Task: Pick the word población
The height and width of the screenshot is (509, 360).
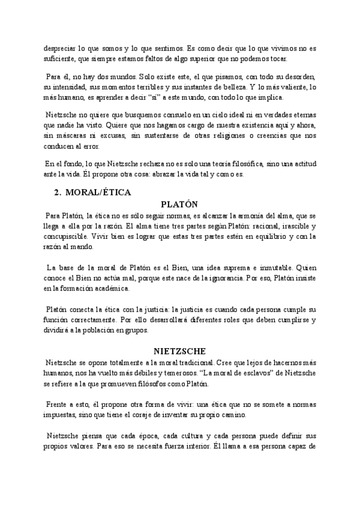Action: click(132, 330)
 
